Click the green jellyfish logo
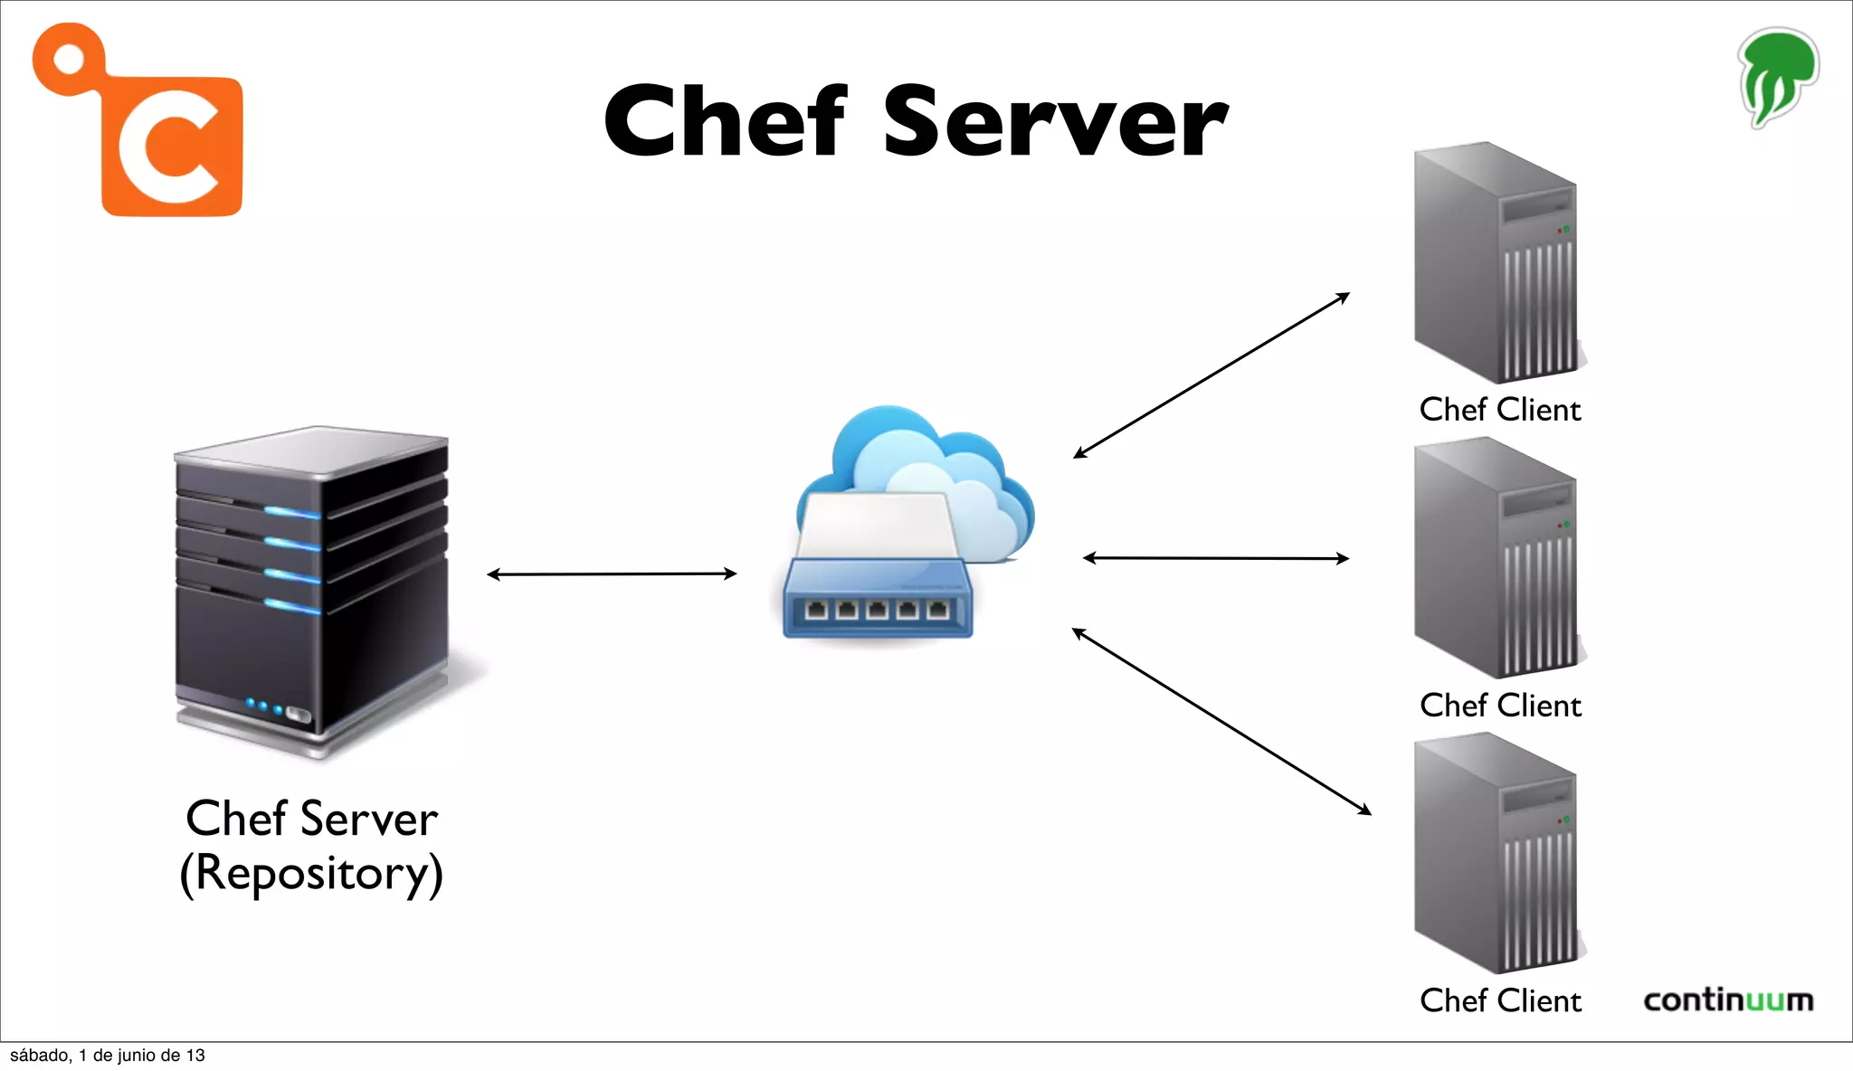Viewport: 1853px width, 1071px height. click(1777, 78)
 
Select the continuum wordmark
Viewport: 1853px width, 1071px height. click(1727, 1000)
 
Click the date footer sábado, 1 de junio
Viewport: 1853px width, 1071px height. click(107, 1056)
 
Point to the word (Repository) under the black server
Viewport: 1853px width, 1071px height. click(311, 874)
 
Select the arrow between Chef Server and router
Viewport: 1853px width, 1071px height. click(612, 573)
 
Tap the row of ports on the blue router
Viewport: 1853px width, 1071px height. click(876, 611)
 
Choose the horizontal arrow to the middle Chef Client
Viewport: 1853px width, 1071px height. click(1215, 558)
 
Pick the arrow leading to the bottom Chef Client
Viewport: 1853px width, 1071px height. click(1221, 721)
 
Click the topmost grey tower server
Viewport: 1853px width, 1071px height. click(1497, 262)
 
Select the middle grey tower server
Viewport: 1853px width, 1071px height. click(1497, 558)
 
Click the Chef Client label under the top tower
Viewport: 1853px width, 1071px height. click(1499, 410)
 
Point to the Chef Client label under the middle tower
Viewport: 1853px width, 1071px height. click(1500, 706)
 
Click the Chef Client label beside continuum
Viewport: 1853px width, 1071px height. click(1500, 1000)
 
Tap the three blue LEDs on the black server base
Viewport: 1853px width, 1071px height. click(264, 706)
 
